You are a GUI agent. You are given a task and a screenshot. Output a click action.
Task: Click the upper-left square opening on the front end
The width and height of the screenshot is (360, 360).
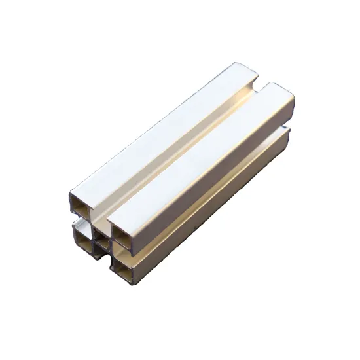click(81, 207)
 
